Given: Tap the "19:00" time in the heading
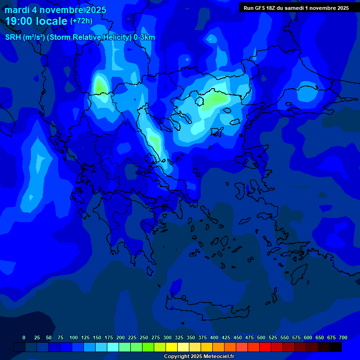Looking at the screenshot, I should point(20,21).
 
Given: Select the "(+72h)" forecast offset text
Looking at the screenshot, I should point(81,21).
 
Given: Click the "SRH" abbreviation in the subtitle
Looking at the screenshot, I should point(13,37).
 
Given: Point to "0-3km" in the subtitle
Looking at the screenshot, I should point(144,37).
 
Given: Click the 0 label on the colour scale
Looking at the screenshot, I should point(24,337).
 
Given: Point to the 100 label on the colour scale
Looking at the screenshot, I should point(74,337).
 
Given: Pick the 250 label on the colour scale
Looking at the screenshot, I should point(144,337).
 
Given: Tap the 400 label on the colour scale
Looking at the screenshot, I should point(214,337).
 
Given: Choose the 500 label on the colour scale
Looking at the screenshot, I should point(261,337).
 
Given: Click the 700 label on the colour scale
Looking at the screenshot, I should point(343,337).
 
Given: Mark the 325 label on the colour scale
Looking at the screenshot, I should point(179,337).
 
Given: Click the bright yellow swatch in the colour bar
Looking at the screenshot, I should point(172,347).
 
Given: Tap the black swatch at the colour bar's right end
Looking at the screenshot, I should point(336,347).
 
